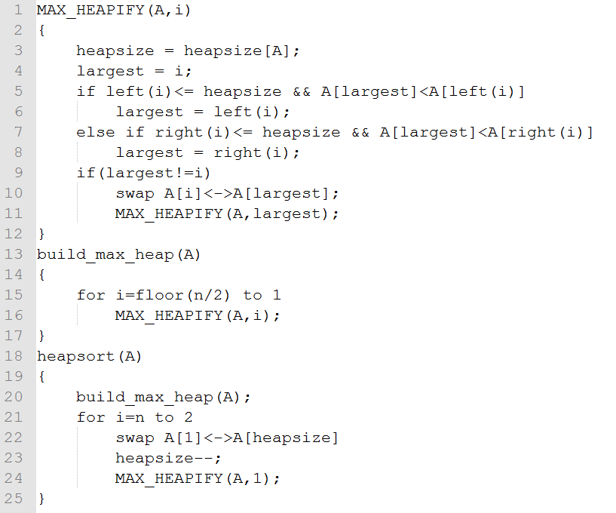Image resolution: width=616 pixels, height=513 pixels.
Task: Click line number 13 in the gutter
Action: [x=14, y=254]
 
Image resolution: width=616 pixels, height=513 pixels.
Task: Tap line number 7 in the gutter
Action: [x=18, y=132]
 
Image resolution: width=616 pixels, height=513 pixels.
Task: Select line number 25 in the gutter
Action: [x=14, y=499]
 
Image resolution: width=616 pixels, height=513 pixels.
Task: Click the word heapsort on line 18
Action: [x=76, y=356]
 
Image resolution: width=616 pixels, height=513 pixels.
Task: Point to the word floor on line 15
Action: [x=160, y=295]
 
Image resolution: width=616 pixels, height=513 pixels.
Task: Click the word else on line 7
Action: [x=96, y=132]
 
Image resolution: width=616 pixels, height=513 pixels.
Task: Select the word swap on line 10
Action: [x=135, y=193]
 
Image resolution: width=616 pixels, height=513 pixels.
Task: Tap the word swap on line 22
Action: [x=135, y=438]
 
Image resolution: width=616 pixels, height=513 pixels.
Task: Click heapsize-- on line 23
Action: [x=164, y=458]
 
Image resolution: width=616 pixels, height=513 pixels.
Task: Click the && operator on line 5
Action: [x=302, y=91]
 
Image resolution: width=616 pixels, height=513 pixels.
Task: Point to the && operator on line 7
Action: [x=360, y=132]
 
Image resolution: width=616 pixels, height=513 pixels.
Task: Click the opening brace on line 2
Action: [x=41, y=30]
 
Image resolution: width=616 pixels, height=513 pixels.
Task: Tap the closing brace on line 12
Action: [x=41, y=234]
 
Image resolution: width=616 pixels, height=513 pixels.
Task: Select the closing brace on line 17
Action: [x=41, y=336]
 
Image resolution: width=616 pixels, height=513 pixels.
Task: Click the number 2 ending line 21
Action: [x=188, y=416]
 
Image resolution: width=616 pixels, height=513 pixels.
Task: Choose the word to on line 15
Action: [x=253, y=295]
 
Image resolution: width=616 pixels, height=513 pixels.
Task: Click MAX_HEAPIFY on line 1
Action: [x=90, y=11]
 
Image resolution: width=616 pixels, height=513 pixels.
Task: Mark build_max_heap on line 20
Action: [x=145, y=397]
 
